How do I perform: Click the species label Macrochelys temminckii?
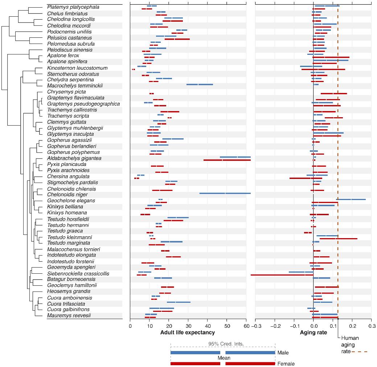(x=75, y=86)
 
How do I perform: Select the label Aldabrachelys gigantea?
(x=74, y=158)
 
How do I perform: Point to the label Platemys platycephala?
(x=73, y=7)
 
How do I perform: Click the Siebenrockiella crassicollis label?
(x=78, y=273)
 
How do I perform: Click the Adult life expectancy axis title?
(x=188, y=332)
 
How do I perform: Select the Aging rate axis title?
(x=313, y=332)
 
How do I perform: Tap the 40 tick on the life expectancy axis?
(x=208, y=325)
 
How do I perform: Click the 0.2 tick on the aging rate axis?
(x=352, y=325)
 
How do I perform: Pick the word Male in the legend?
(x=283, y=352)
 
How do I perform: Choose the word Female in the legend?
(x=286, y=364)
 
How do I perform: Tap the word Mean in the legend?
(x=224, y=358)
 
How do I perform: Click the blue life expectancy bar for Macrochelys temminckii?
(x=200, y=85)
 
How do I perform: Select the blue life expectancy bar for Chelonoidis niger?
(x=225, y=193)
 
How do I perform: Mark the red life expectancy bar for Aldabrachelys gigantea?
(x=227, y=160)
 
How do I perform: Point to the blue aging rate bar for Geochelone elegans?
(x=351, y=199)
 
